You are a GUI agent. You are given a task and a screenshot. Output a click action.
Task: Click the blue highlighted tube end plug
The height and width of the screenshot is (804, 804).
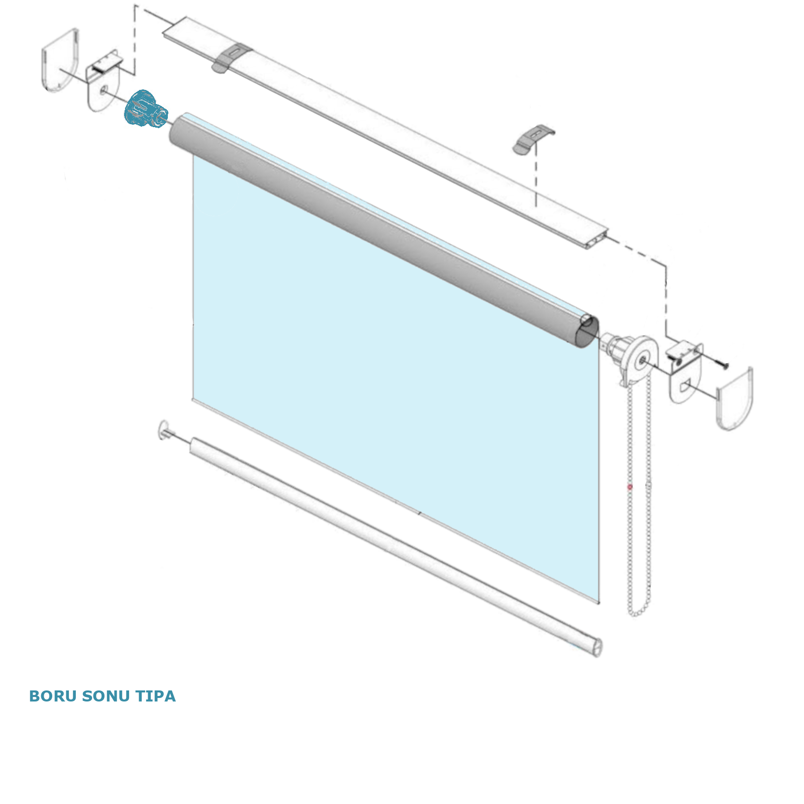tap(146, 109)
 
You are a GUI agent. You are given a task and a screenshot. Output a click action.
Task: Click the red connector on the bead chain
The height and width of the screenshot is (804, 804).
tap(630, 487)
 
